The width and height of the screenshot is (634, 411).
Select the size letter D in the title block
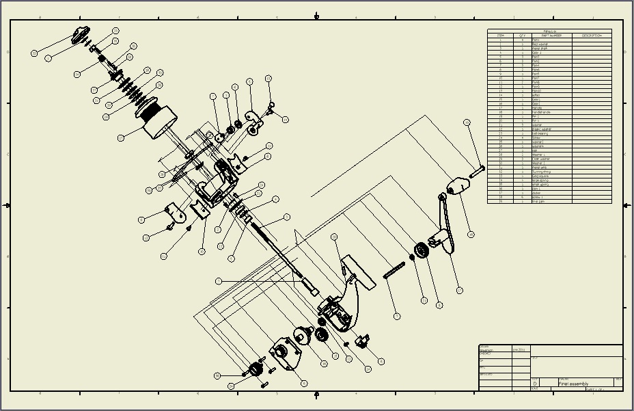pyautogui.click(x=535, y=384)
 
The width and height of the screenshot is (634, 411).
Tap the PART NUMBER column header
pyautogui.click(x=551, y=36)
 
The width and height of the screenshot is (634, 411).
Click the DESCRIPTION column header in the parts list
pyautogui.click(x=592, y=36)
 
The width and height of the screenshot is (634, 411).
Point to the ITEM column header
pyautogui.click(x=500, y=36)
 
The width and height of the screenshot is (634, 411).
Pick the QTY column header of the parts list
pyautogui.click(x=522, y=36)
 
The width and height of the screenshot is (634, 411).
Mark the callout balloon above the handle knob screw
pyautogui.click(x=467, y=122)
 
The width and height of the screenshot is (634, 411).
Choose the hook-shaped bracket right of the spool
pyautogui.click(x=255, y=121)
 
